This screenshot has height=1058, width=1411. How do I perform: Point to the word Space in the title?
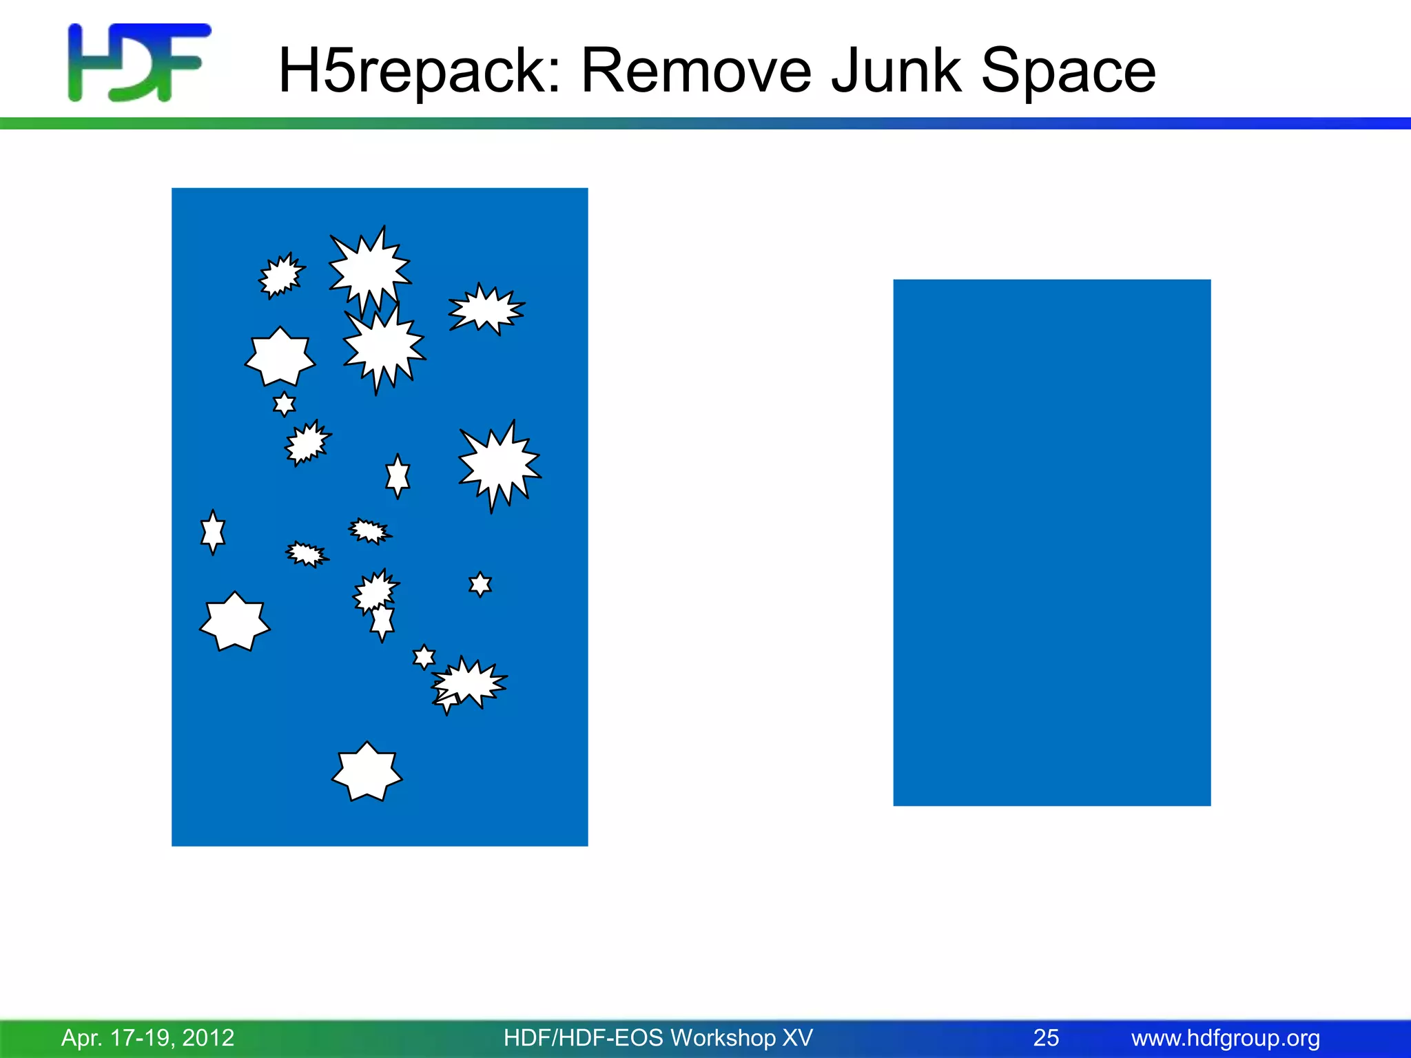[1068, 71]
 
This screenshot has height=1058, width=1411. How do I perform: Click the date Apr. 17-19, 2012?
[148, 1037]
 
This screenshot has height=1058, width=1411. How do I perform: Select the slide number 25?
[1046, 1037]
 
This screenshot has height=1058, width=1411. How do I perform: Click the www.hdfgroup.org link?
[1226, 1037]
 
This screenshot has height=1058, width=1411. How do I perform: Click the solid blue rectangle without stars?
[1051, 542]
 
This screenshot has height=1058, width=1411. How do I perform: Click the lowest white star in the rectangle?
[367, 772]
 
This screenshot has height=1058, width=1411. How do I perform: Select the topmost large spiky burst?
[369, 269]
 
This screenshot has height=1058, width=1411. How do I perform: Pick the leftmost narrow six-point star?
[213, 532]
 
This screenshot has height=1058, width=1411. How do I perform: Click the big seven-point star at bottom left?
[235, 622]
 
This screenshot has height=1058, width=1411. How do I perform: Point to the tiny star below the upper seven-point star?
[284, 404]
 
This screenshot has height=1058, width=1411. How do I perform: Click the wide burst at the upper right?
[486, 309]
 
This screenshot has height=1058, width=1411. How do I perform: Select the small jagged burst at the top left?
[281, 276]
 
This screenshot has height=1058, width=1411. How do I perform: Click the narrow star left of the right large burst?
[398, 475]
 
